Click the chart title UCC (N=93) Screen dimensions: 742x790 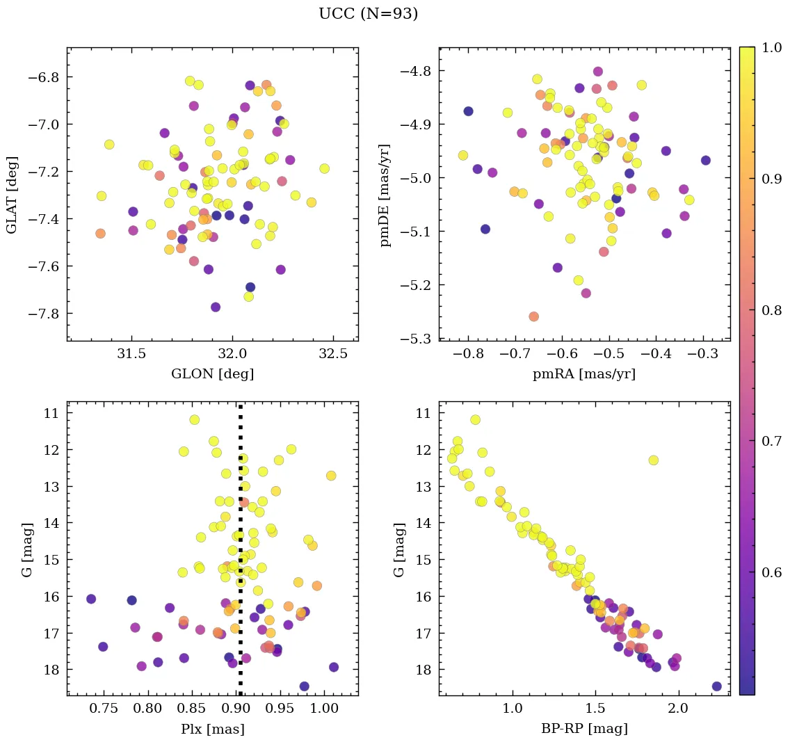pos(368,14)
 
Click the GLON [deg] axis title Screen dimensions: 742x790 pos(212,374)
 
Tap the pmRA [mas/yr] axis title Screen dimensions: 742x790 pos(583,374)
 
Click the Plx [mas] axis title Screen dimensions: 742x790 pos(212,729)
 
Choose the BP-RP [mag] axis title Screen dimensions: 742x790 pos(583,729)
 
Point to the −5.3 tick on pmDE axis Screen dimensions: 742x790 pos(416,339)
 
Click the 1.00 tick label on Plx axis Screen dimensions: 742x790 pos(324,709)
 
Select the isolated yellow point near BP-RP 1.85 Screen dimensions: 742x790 pos(653,460)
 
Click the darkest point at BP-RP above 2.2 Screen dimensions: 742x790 pos(716,686)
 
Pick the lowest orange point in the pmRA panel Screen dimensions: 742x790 pos(533,316)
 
